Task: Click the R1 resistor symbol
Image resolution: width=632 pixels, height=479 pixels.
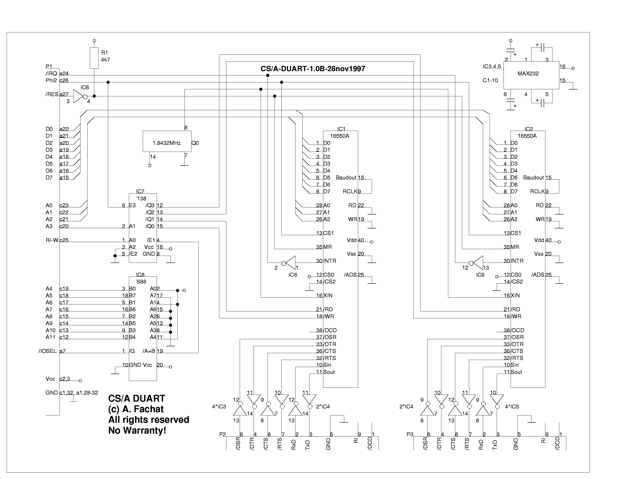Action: click(94, 58)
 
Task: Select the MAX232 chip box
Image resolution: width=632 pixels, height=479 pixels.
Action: click(531, 75)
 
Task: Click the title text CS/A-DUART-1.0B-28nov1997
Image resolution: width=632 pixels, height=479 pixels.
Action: click(313, 69)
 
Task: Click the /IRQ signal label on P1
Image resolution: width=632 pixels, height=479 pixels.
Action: click(51, 73)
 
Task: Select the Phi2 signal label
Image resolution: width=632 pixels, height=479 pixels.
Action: click(51, 80)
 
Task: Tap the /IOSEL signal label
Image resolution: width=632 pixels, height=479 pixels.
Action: click(48, 351)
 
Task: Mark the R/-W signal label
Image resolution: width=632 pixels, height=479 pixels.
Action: click(52, 240)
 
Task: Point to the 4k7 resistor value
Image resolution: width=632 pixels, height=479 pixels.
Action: click(105, 60)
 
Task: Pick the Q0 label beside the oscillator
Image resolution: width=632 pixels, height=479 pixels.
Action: click(195, 143)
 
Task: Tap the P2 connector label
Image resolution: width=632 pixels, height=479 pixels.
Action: click(223, 434)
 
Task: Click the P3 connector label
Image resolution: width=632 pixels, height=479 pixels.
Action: click(410, 434)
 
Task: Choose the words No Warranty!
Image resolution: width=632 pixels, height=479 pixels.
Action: click(137, 431)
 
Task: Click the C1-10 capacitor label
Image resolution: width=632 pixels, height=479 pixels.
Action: click(490, 80)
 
